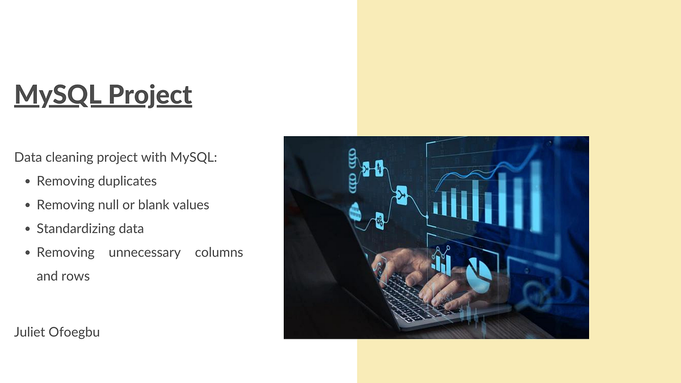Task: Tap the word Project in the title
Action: [150, 95]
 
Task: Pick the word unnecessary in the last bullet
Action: [144, 252]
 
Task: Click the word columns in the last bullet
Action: [218, 252]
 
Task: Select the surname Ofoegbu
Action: [77, 332]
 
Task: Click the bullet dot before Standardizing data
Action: [28, 229]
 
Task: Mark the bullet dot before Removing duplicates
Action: [28, 182]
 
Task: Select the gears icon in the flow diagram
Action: [379, 221]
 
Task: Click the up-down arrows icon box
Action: [379, 168]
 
